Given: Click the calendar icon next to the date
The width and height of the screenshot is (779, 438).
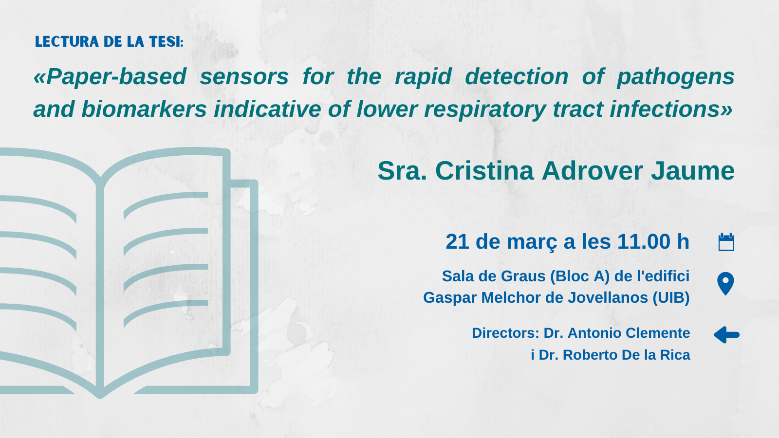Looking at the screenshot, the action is click(x=726, y=242).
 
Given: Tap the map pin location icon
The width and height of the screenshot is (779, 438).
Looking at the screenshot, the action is click(x=725, y=284).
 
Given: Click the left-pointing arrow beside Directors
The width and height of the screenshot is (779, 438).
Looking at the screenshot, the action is click(x=726, y=335).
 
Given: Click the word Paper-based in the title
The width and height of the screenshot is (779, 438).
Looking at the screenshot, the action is click(x=116, y=77).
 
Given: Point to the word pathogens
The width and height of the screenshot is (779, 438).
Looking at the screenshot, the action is click(x=675, y=77).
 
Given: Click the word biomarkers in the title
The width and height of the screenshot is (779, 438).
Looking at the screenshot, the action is click(x=144, y=109).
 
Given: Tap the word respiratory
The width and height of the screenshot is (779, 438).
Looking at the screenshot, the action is click(x=485, y=109).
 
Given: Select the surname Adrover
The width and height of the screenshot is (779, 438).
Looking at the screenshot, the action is click(x=592, y=171).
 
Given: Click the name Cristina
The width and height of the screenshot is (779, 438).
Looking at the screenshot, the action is click(x=484, y=171).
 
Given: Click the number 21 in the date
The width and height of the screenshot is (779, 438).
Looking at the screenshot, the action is click(x=457, y=241).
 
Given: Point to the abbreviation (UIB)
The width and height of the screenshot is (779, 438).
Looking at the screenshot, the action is click(x=671, y=297).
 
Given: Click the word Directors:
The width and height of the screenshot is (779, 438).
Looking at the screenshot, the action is click(x=505, y=333).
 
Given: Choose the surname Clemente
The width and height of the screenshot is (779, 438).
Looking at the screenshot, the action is click(x=658, y=333).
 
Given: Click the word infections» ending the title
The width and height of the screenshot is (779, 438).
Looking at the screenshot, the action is click(x=671, y=109).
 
